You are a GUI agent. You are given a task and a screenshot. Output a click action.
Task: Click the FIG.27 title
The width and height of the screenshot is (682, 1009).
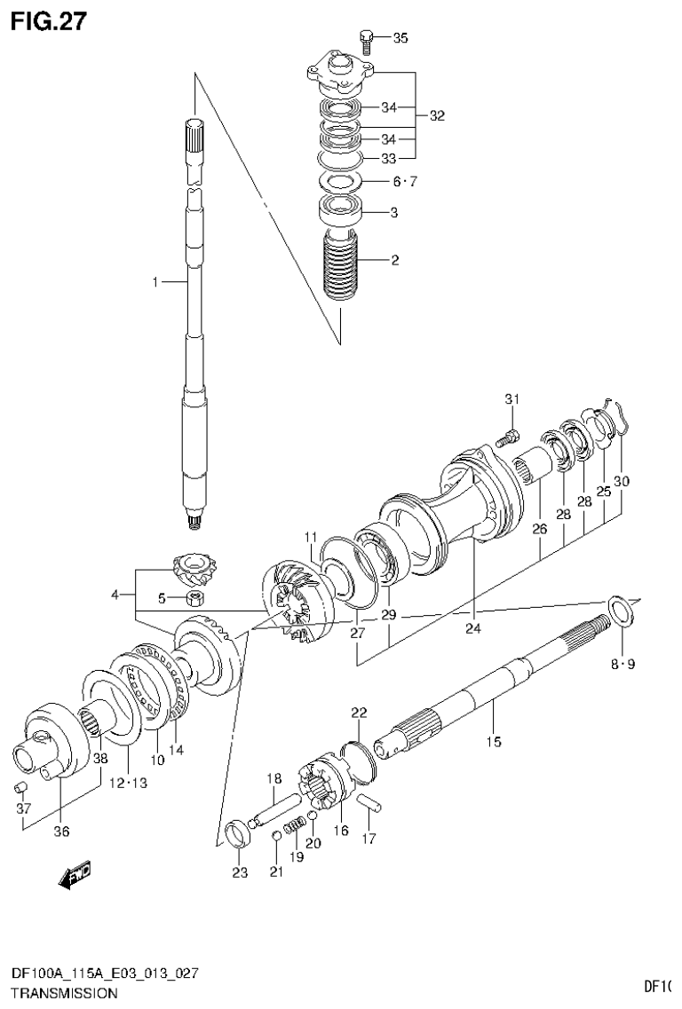pyautogui.click(x=49, y=20)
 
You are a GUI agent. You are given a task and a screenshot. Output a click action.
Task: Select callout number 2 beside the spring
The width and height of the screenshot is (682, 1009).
pyautogui.click(x=394, y=261)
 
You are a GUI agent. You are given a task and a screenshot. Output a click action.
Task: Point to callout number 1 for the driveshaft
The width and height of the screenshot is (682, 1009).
pyautogui.click(x=155, y=282)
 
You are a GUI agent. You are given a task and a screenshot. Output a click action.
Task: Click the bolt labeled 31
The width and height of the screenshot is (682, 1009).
pyautogui.click(x=508, y=437)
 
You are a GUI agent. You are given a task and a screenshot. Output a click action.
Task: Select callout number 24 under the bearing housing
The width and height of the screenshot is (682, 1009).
pyautogui.click(x=472, y=629)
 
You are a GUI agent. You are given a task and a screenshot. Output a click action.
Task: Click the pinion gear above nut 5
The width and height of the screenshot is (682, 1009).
pyautogui.click(x=190, y=568)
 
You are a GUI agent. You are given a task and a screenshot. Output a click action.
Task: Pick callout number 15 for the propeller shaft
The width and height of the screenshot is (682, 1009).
pyautogui.click(x=493, y=741)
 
